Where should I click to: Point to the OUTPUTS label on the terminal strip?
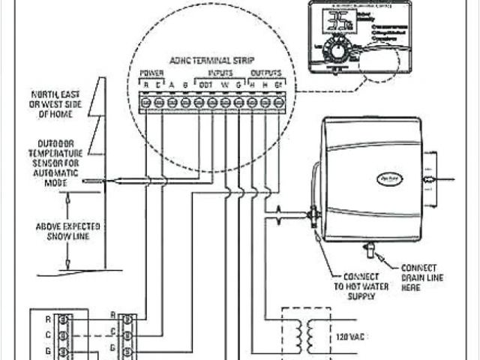pos(266,73)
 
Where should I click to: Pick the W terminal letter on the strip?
pos(225,85)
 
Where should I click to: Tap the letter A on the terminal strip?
pos(172,85)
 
